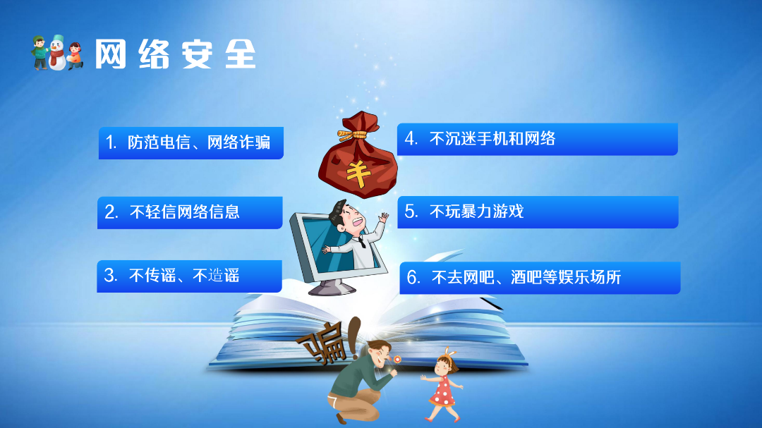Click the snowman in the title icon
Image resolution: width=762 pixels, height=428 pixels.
[57, 53]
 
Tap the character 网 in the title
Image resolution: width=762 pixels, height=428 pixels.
[110, 54]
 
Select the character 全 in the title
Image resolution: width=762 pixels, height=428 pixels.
[241, 54]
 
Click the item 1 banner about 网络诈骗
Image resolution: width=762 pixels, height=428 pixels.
[191, 143]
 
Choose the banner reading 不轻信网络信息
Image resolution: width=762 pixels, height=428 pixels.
[190, 212]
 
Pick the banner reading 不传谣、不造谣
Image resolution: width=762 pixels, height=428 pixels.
[190, 276]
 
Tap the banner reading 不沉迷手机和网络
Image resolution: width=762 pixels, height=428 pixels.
[538, 140]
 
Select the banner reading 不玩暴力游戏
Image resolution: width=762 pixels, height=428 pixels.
[538, 212]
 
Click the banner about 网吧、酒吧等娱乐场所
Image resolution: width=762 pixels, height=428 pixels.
[540, 277]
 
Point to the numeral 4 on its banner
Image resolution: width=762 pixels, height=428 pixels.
[410, 139]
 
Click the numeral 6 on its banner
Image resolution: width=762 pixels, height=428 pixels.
[412, 277]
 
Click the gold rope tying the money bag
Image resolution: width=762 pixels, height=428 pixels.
[358, 133]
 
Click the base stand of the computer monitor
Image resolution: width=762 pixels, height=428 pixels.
[332, 288]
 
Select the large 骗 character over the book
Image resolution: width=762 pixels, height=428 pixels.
[324, 345]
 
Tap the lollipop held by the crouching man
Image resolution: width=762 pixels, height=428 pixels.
[397, 360]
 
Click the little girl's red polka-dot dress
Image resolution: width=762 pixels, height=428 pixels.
[442, 391]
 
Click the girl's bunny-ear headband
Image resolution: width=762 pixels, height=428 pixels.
[449, 353]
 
